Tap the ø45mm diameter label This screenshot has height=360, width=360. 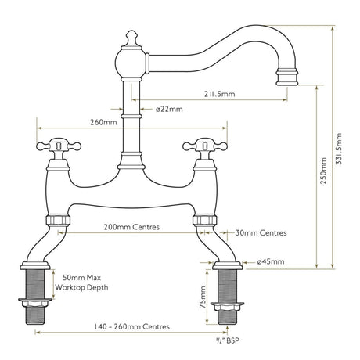point(270,261)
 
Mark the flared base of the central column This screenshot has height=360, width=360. point(131,161)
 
